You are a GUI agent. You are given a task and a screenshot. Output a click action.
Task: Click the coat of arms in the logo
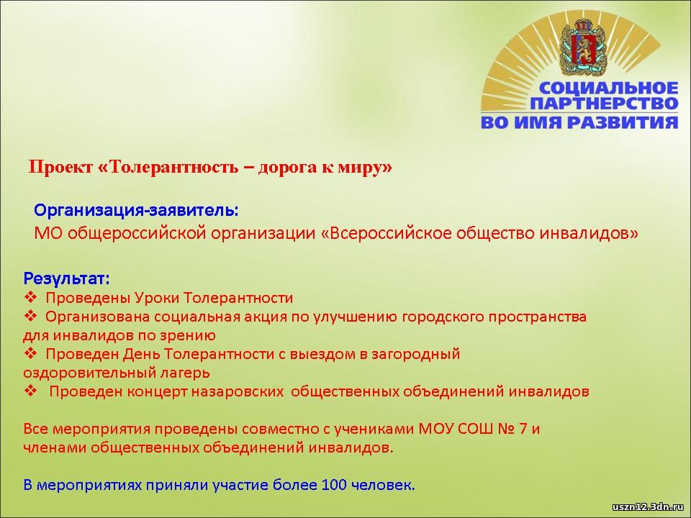582,47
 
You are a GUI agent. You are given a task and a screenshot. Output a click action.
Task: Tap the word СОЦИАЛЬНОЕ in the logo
609,88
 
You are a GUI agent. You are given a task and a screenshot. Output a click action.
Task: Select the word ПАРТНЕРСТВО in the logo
604,104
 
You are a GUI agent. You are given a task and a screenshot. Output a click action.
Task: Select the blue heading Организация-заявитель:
136,211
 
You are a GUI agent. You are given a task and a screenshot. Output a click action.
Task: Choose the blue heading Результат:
66,279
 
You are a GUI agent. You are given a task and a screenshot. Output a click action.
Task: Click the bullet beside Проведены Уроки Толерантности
30,298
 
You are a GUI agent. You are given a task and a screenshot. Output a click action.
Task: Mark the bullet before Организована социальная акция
30,317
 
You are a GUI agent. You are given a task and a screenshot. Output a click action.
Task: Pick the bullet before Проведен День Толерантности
30,354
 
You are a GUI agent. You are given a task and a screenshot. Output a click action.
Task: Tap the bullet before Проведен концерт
30,391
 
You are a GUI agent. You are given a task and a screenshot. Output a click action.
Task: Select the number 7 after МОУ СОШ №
523,429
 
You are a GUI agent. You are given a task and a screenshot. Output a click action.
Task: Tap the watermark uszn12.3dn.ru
648,507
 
